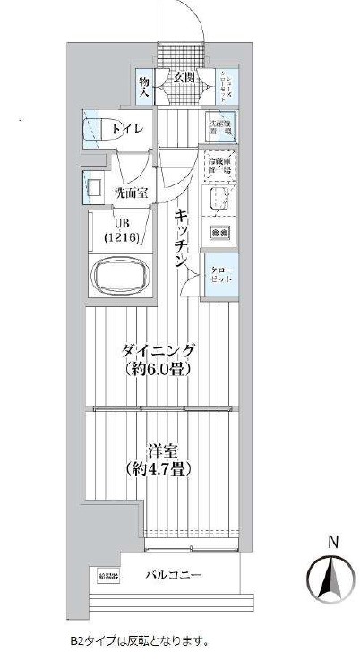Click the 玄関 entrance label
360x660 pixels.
tap(184, 78)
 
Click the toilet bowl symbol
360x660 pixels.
tap(94, 128)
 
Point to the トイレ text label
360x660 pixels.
tap(126, 129)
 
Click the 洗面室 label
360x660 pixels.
tap(131, 193)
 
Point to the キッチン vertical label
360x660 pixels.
tap(180, 237)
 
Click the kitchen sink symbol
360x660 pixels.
tap(219, 198)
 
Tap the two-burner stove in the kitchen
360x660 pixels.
tap(219, 233)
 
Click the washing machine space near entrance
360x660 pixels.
tap(220, 125)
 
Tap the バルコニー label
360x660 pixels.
tap(175, 576)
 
